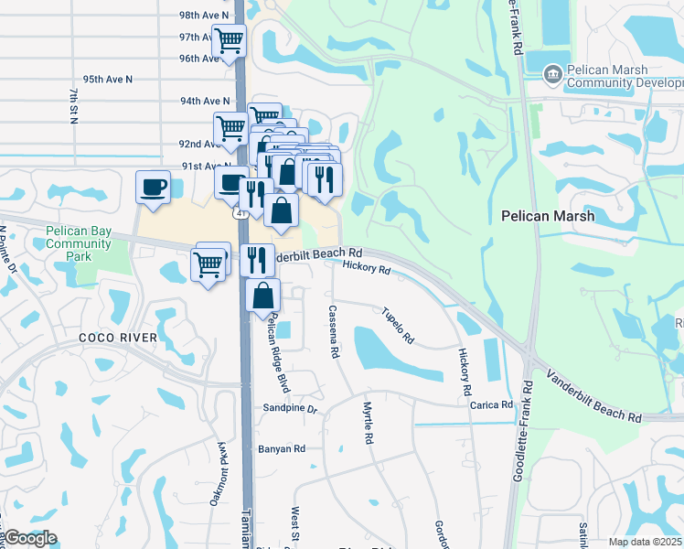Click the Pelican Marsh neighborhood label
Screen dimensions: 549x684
[x=548, y=217]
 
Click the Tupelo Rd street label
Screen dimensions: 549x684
[x=399, y=326]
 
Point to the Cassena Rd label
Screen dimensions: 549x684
[x=334, y=331]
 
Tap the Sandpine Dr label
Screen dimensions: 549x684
[x=289, y=408]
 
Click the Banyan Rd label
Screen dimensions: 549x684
[x=281, y=448]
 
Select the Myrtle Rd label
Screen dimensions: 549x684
[x=369, y=424]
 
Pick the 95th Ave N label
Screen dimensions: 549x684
[x=107, y=80]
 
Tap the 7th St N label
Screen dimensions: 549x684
[x=72, y=105]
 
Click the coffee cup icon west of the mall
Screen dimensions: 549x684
[x=153, y=187]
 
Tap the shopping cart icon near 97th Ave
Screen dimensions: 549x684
[x=229, y=40]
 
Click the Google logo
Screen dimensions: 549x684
[x=29, y=538]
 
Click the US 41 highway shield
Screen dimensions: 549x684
[x=240, y=213]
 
